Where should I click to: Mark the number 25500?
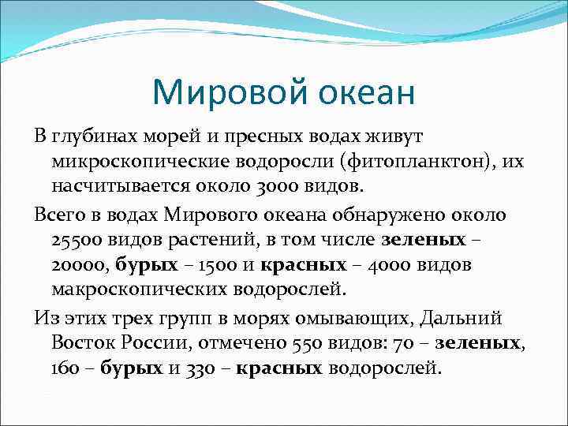[78, 240]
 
